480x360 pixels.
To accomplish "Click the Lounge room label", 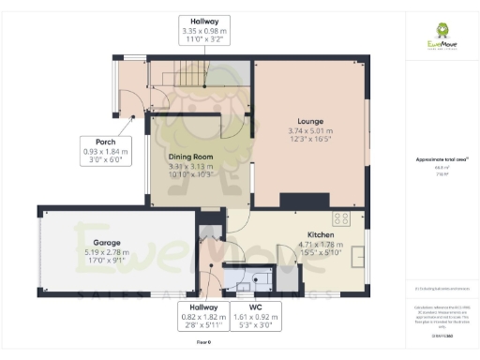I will pyautogui.click(x=310, y=122).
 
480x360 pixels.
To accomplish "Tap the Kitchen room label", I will pyautogui.click(x=321, y=235).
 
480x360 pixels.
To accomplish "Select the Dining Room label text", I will pyautogui.click(x=191, y=157).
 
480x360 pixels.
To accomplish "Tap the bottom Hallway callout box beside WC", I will pyautogui.click(x=203, y=315).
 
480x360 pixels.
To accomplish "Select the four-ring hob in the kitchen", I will pyautogui.click(x=341, y=219).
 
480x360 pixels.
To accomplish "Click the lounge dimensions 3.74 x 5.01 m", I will pyautogui.click(x=310, y=131).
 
